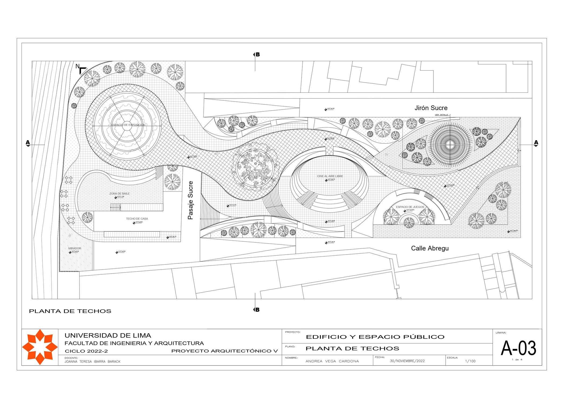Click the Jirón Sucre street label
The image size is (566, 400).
[431, 108]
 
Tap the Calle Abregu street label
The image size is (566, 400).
[430, 248]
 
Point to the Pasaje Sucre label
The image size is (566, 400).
[190, 200]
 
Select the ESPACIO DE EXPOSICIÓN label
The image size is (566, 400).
[128, 125]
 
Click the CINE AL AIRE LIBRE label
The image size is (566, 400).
[330, 176]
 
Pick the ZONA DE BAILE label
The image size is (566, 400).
[119, 194]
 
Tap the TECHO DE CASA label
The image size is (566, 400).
[137, 219]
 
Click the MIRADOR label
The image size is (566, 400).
[74, 249]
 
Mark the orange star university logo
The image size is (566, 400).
[40, 347]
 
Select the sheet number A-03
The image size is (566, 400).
[518, 348]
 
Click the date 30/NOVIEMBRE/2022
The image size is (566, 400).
[407, 361]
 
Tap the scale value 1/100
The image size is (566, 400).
[470, 361]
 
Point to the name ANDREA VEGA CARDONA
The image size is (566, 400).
[332, 361]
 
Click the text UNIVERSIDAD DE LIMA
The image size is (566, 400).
[108, 336]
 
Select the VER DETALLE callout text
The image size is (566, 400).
[441, 115]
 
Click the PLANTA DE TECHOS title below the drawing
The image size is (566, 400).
[70, 311]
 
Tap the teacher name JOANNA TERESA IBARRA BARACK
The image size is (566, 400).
[92, 362]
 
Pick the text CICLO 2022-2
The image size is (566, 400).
[86, 351]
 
